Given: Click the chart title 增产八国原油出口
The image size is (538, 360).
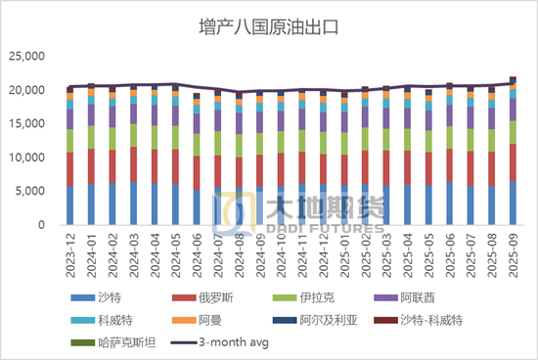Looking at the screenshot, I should click(268, 25).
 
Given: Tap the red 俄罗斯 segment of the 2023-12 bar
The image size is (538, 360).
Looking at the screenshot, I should click(69, 169).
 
